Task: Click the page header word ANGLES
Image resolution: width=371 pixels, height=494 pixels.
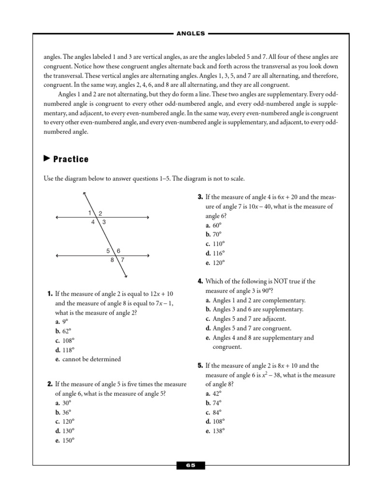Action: coord(191,33)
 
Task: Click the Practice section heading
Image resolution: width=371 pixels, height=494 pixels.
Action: coord(71,159)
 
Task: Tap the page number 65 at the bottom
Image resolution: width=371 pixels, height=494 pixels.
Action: coord(191,466)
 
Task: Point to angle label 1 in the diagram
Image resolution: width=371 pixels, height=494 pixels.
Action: coord(90,213)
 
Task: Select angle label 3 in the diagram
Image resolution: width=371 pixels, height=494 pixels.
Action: coord(104,222)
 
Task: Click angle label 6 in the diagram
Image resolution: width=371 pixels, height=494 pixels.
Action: coord(118,250)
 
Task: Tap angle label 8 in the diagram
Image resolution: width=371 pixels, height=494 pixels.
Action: coord(112,260)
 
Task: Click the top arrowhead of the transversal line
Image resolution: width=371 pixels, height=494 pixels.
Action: coord(85,194)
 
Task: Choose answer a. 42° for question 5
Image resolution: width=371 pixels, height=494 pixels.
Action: coord(213,394)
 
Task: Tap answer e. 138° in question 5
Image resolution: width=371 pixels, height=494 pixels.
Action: coord(215,431)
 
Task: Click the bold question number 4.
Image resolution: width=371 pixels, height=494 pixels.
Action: coord(200,281)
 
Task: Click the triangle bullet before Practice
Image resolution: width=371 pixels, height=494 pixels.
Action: coord(47,158)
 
